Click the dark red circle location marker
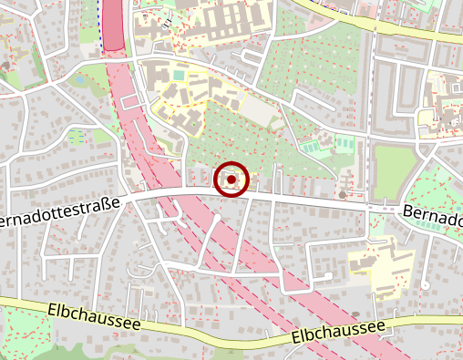point(231,180)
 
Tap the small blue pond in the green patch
point(78,79)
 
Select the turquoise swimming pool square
point(179,74)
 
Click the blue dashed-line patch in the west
point(75,137)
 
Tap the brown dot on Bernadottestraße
point(342,194)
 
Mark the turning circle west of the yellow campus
point(326,276)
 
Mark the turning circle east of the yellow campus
point(425,283)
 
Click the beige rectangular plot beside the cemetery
point(259,112)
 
